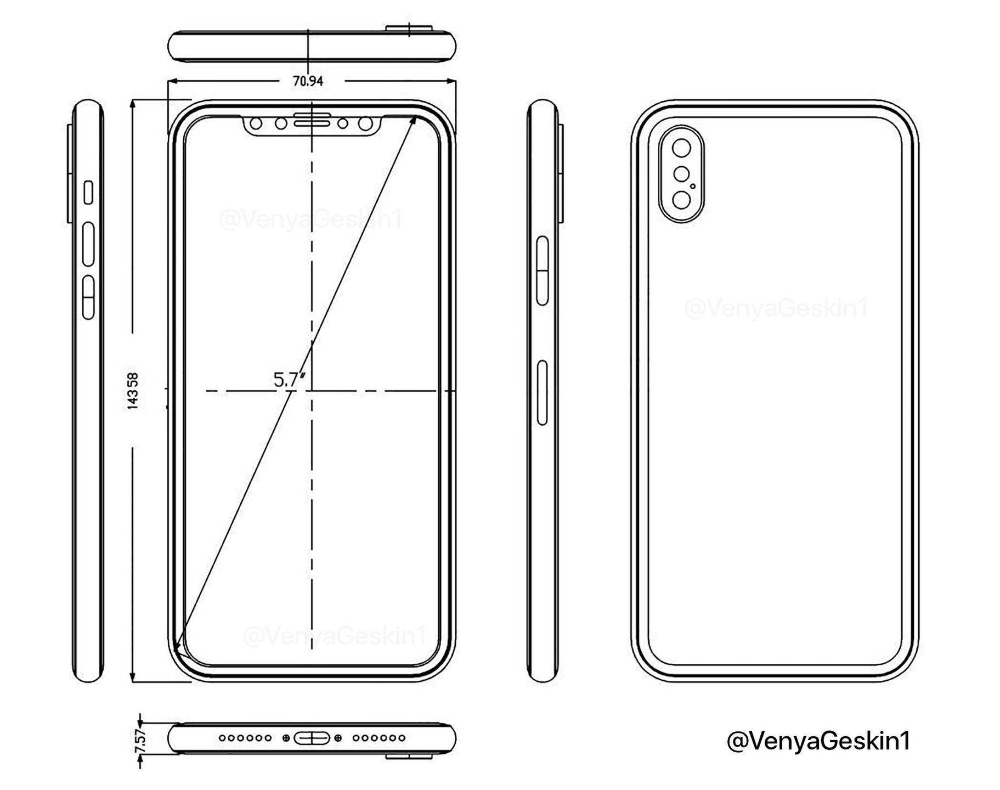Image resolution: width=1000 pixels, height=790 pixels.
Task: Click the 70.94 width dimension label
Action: (x=308, y=81)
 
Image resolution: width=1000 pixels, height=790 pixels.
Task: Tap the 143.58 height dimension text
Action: (x=132, y=391)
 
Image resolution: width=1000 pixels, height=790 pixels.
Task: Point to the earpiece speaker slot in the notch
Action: (x=312, y=122)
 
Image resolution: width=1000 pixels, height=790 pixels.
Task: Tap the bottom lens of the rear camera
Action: (x=682, y=201)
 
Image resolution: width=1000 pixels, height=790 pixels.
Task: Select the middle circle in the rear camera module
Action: (x=681, y=175)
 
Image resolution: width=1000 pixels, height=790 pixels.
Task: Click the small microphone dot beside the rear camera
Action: (x=693, y=186)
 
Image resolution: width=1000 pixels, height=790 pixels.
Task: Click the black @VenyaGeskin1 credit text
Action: (x=818, y=741)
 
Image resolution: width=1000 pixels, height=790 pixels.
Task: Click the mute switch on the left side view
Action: (x=88, y=193)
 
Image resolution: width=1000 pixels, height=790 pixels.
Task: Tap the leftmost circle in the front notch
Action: (x=256, y=123)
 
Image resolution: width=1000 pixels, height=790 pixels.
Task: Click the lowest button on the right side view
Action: (x=543, y=392)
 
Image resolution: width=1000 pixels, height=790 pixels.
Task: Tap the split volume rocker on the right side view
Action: (x=542, y=270)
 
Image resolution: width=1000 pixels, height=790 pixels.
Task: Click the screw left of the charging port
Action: (x=286, y=738)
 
